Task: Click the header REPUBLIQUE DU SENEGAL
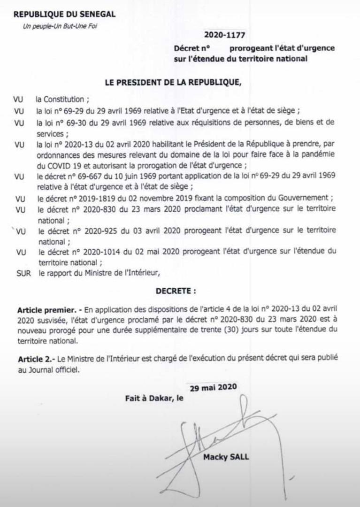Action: (x=64, y=15)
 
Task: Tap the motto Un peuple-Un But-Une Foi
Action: (x=61, y=26)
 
